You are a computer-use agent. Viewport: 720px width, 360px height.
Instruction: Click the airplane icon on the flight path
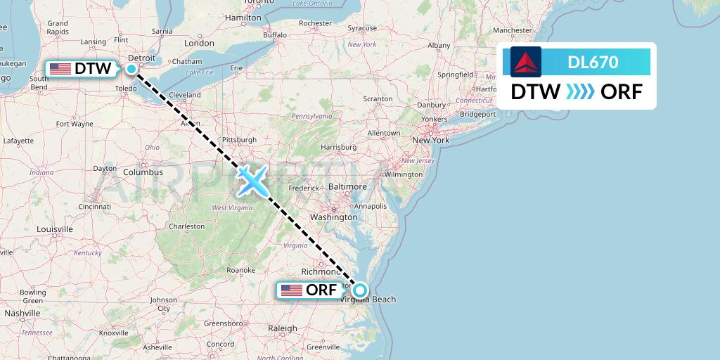click(x=252, y=181)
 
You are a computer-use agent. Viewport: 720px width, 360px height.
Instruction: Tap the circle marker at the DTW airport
click(x=132, y=69)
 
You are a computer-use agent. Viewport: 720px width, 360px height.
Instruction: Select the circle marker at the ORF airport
click(x=360, y=290)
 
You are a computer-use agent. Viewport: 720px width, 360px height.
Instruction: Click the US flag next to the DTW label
click(x=60, y=69)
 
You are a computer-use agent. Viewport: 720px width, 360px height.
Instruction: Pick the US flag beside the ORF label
click(x=291, y=290)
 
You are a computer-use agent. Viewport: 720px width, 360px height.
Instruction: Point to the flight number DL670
click(x=593, y=62)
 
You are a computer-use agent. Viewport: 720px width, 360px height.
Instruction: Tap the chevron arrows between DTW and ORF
click(x=581, y=92)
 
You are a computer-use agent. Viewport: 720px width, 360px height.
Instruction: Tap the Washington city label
click(x=333, y=217)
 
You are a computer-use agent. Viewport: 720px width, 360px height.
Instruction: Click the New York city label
click(x=430, y=140)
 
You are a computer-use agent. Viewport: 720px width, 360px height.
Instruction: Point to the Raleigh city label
click(x=282, y=328)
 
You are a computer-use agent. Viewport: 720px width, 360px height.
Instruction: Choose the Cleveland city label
click(x=184, y=94)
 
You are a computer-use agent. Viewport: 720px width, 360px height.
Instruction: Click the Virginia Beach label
click(x=368, y=300)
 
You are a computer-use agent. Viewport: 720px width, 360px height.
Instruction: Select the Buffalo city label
click(x=275, y=34)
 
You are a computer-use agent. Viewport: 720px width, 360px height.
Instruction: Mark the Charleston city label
click(x=186, y=226)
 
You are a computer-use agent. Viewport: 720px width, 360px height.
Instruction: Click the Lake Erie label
click(x=200, y=72)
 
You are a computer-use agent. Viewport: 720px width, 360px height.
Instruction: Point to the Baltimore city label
click(x=347, y=186)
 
